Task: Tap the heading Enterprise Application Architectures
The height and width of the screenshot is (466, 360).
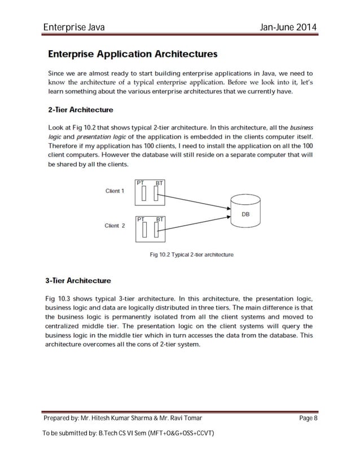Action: (132, 55)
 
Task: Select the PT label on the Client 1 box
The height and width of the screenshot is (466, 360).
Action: (141, 183)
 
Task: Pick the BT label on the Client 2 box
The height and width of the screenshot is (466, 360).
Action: (160, 218)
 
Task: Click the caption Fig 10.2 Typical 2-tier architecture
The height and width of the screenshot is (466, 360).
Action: (191, 254)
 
